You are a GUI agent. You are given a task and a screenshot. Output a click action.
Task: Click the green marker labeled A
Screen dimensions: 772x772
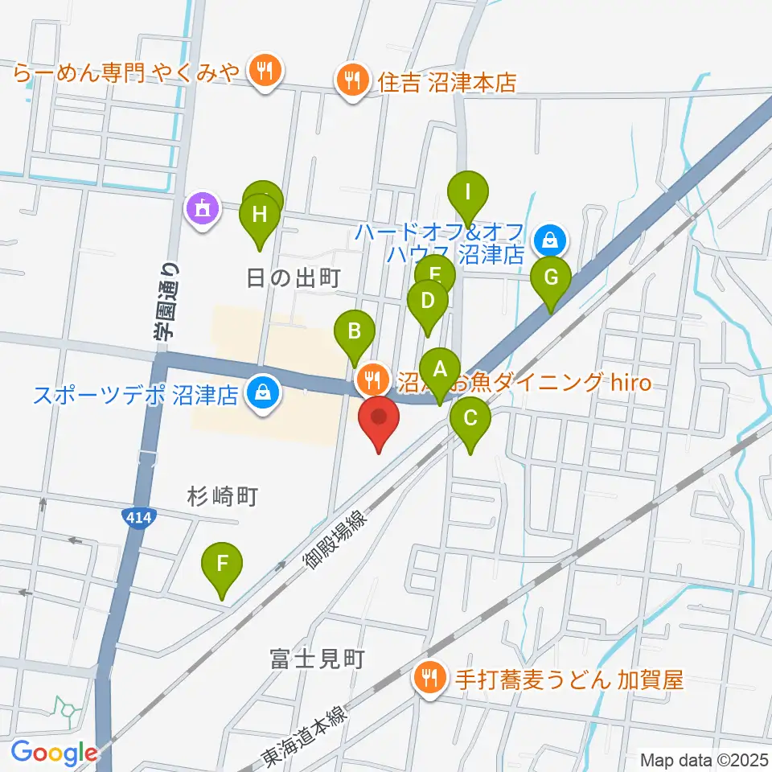click(440, 372)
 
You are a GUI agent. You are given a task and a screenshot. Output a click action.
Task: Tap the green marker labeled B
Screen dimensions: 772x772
click(353, 331)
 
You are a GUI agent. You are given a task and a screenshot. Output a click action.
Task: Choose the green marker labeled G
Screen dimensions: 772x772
click(551, 279)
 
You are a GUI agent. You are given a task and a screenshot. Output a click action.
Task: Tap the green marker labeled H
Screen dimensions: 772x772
click(260, 216)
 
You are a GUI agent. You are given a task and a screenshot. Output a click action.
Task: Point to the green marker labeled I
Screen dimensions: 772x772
click(469, 194)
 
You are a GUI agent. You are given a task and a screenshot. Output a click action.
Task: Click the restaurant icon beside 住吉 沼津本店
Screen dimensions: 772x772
click(352, 80)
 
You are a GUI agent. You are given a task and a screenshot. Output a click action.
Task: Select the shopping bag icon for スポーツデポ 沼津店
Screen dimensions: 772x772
click(262, 393)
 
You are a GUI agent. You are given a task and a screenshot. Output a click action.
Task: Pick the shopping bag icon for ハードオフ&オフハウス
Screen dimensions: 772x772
click(550, 239)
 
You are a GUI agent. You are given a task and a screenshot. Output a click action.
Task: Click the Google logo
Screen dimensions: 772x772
click(55, 753)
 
